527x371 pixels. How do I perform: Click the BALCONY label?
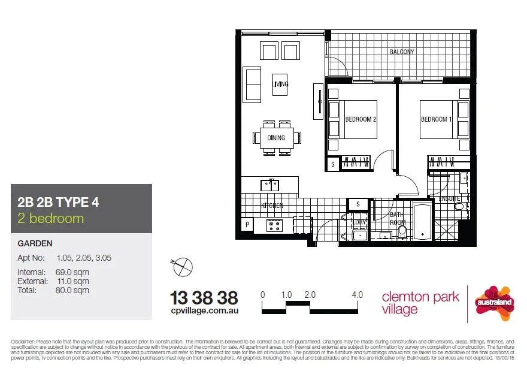401,52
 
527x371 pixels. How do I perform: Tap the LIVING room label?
280,84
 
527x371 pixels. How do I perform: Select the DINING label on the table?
276,138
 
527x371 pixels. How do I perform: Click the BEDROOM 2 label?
361,119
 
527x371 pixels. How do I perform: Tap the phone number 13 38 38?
204,297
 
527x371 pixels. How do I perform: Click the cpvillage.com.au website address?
204,311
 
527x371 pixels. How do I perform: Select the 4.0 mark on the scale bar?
358,295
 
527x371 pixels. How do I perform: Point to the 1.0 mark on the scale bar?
286,295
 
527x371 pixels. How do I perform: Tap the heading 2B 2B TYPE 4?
58,202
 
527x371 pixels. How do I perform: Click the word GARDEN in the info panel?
35,243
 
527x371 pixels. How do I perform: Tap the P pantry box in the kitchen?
247,225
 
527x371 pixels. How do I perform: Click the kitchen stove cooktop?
274,226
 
